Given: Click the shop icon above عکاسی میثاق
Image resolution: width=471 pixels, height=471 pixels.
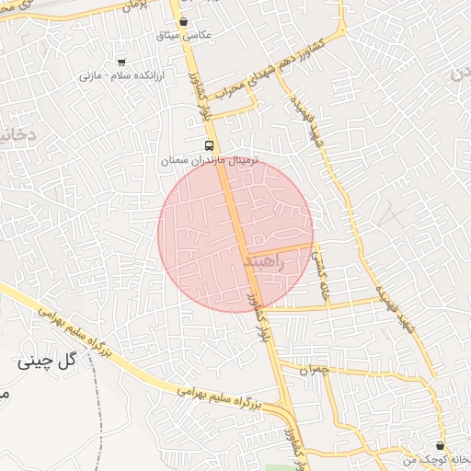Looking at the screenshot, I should click(x=184, y=21).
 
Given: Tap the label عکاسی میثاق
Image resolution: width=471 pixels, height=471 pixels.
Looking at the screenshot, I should click(x=185, y=35).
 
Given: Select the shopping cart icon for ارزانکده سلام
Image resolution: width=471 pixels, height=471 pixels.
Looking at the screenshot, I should click(x=121, y=62).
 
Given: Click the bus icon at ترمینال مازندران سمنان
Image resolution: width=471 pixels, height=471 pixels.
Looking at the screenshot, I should click(x=211, y=145).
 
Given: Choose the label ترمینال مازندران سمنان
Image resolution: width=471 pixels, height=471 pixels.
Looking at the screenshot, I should click(x=212, y=160).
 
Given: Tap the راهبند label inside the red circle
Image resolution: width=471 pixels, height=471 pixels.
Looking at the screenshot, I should click(x=266, y=262).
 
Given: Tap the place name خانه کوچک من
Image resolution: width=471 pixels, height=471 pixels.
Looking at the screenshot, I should click(x=435, y=457).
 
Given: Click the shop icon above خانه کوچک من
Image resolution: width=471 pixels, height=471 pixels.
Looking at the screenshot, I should click(x=440, y=445).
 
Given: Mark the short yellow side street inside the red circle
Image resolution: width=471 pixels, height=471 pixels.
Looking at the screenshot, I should click(x=281, y=249).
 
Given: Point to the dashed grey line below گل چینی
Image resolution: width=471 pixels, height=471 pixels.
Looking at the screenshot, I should click(x=98, y=405).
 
